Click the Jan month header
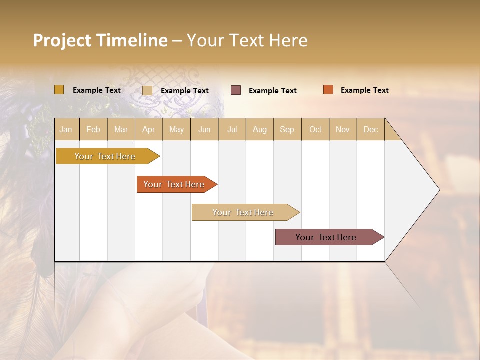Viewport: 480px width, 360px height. [x=66, y=129]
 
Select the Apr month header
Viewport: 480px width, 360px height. [x=148, y=129]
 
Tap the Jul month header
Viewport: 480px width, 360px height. [x=232, y=129]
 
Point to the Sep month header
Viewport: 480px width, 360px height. [x=287, y=129]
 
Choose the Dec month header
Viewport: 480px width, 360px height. [x=370, y=129]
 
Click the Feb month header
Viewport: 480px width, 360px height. [x=93, y=129]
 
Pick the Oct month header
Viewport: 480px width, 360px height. [x=315, y=129]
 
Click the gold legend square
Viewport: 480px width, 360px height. [x=59, y=90]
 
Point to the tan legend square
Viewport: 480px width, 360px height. [x=147, y=90]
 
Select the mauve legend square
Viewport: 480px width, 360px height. [x=235, y=90]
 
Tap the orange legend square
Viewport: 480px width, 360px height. [x=328, y=90]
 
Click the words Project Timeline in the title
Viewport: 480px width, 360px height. [x=100, y=40]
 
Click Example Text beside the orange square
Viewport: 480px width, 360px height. [x=364, y=90]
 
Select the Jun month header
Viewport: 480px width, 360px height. [x=204, y=129]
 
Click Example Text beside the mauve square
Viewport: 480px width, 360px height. [x=272, y=91]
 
